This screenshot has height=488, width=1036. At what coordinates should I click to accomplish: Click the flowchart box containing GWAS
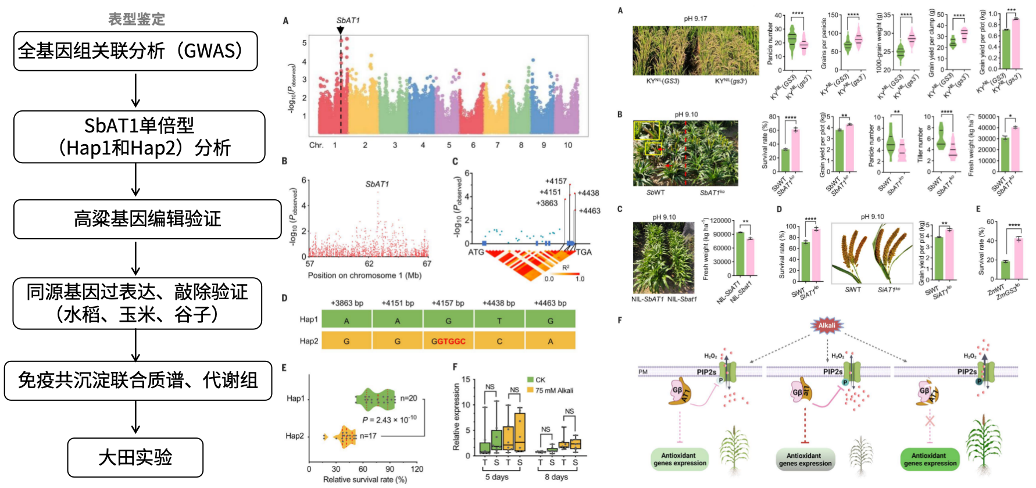click(x=135, y=51)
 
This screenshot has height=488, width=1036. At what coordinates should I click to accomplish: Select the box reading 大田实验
click(x=135, y=457)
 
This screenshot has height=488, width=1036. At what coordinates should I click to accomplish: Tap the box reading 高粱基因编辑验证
click(x=147, y=219)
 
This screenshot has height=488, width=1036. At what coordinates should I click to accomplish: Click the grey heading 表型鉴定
click(x=137, y=19)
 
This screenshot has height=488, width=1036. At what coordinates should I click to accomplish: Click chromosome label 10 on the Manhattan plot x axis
click(x=568, y=145)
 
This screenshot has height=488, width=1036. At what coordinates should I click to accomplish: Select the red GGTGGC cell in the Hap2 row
click(x=448, y=341)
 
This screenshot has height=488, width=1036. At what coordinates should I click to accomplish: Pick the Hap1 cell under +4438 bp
click(x=499, y=320)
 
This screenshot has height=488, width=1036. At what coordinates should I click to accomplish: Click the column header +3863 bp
click(x=347, y=303)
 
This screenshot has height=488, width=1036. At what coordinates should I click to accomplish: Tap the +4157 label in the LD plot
click(x=556, y=181)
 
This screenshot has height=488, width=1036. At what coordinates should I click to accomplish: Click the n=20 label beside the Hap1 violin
click(x=409, y=399)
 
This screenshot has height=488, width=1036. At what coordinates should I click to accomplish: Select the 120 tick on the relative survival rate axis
click(x=417, y=469)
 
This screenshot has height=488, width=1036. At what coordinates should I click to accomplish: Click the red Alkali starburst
click(x=827, y=325)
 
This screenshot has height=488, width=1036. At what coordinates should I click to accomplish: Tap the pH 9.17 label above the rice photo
click(x=695, y=19)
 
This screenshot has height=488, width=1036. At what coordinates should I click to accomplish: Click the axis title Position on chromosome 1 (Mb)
click(x=365, y=275)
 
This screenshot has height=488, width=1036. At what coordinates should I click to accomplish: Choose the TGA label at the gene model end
click(x=584, y=252)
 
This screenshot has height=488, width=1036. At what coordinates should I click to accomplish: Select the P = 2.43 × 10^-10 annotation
click(x=389, y=419)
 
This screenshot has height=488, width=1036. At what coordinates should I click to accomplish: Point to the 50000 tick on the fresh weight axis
click(x=987, y=117)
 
